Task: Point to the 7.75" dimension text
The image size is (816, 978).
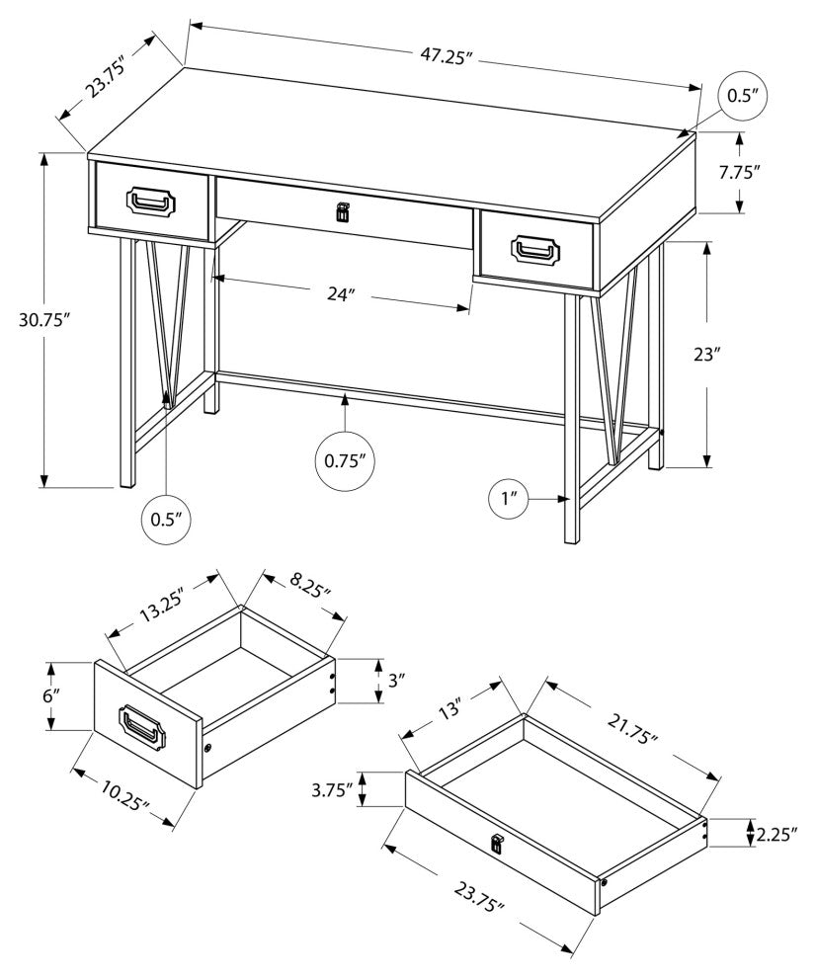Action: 739,171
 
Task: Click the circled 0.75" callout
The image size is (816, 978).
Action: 346,459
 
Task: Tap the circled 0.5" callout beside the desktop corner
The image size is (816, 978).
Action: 741,97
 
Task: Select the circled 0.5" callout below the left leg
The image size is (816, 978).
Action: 166,519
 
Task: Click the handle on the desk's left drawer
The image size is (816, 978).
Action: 151,201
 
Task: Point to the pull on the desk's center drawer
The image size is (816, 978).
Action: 343,211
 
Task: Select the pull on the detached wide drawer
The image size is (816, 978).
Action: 496,843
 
